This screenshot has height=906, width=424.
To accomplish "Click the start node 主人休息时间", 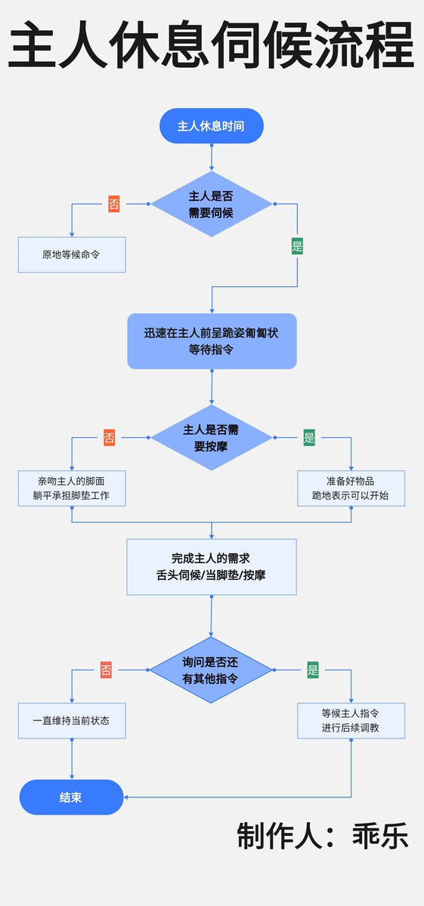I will pos(211,125).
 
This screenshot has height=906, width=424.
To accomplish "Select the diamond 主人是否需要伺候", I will pos(211,204).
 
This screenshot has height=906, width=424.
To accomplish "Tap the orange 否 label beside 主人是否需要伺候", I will pos(114,204).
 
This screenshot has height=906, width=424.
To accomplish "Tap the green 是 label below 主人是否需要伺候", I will pos(297,245).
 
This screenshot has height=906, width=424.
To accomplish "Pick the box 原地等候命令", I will pos(72,255).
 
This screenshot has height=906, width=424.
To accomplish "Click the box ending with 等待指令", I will pos(212,341).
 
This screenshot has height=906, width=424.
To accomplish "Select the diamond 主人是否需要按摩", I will pos(211,438).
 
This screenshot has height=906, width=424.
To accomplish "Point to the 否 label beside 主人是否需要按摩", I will pos(110,438).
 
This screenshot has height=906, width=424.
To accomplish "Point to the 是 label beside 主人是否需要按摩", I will pos(309,438).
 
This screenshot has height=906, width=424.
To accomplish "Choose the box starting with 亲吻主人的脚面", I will pos(72,488).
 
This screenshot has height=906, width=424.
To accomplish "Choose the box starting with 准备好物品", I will pos(351,488).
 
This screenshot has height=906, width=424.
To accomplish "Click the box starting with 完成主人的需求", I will pos(211,566).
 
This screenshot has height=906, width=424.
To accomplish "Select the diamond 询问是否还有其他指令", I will pos(211,670).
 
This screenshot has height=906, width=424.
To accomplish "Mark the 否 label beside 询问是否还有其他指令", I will pos(106,670).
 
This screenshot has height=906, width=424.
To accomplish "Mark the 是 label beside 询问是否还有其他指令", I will pos(313,670).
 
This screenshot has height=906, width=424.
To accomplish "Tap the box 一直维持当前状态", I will pos(72,720).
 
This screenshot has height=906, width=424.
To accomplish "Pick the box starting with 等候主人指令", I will pos(351,720).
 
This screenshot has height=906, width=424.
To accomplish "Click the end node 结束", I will pos(71,797).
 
